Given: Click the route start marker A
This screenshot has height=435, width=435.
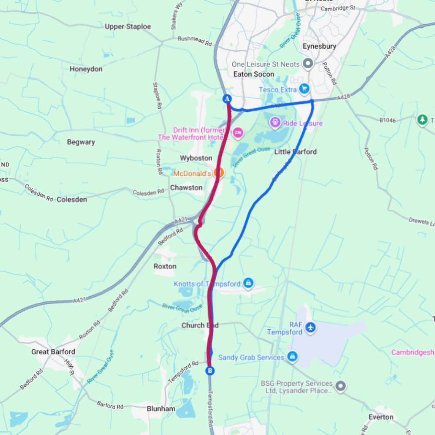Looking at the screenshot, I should pos(227,99).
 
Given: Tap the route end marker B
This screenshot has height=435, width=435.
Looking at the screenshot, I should pos(210,371).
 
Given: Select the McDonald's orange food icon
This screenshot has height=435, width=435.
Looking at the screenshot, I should pos(219,173).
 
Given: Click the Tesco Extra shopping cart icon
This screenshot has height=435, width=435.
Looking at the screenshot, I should pos(304,89).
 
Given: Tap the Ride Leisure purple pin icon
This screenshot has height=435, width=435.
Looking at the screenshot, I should pos(275,123).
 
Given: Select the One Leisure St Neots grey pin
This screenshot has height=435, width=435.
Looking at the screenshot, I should pos(308,64).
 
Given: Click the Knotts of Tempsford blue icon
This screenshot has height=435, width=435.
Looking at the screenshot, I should pos(248,284).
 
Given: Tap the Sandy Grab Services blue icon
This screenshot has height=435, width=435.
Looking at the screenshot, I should pos(292,357).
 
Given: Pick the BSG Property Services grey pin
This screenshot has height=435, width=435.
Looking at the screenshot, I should pos(341,385).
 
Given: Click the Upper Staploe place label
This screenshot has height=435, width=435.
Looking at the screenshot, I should pos(128,27).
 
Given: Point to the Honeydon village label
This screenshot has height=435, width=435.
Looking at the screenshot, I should pos(86,69).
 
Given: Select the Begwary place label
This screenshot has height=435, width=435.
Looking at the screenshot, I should pos(81,142).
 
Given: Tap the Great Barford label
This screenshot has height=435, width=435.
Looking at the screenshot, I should pos(53,351).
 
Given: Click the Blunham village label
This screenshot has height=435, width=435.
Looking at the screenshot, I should pos(161,408).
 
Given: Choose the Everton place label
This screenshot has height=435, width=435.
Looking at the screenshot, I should pos(381,417).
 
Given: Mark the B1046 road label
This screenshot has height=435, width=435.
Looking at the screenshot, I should pos(387,120).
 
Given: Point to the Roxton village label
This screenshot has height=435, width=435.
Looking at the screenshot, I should pos(165,266).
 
